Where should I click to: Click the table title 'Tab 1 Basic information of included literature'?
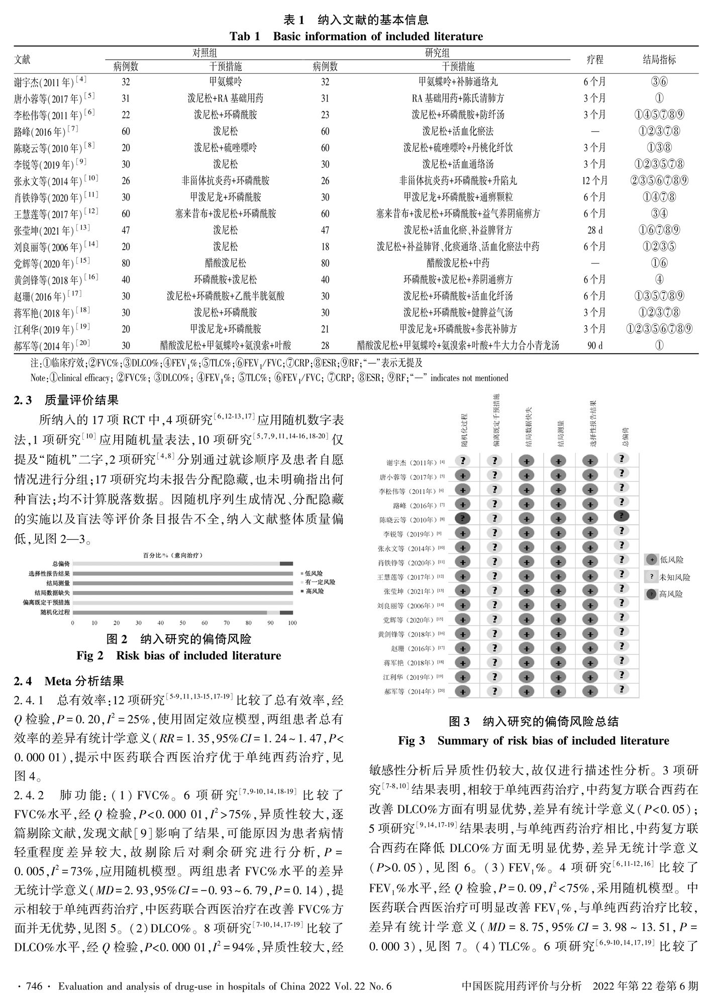point(356,37)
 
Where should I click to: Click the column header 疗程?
point(594,59)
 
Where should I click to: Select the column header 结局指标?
point(659,59)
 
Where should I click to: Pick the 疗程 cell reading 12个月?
point(594,180)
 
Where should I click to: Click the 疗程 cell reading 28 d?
point(594,230)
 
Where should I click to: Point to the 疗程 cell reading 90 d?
point(594,345)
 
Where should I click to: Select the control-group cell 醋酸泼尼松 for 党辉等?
point(225,263)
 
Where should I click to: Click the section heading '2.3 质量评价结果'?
point(66,400)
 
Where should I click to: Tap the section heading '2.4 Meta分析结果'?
point(69,681)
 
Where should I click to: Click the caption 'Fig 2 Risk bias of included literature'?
point(178,656)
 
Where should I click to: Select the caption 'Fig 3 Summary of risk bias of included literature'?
point(533,741)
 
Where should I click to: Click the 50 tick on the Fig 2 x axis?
point(182,623)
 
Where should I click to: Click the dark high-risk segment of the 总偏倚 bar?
point(286,564)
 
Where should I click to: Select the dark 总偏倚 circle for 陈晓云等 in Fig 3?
point(622,516)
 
